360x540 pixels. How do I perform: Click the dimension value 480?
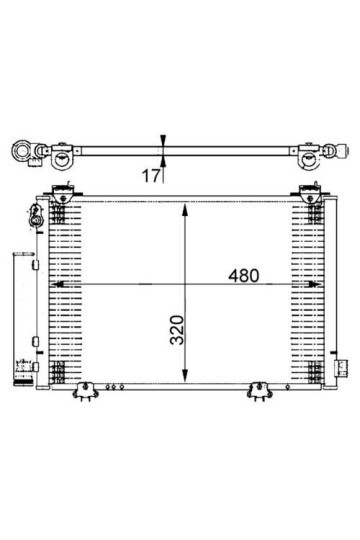244,276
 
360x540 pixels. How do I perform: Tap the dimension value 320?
178,330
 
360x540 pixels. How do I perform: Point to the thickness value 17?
151,176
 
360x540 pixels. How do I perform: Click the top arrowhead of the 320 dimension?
185,210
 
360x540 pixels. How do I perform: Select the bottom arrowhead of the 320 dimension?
185,375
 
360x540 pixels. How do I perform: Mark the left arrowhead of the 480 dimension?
57,284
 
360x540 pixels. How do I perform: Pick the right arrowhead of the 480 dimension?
315,284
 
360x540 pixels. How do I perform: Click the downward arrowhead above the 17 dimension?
163,139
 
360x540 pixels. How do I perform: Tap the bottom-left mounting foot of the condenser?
85,391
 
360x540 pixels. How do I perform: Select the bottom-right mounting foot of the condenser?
260,391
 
